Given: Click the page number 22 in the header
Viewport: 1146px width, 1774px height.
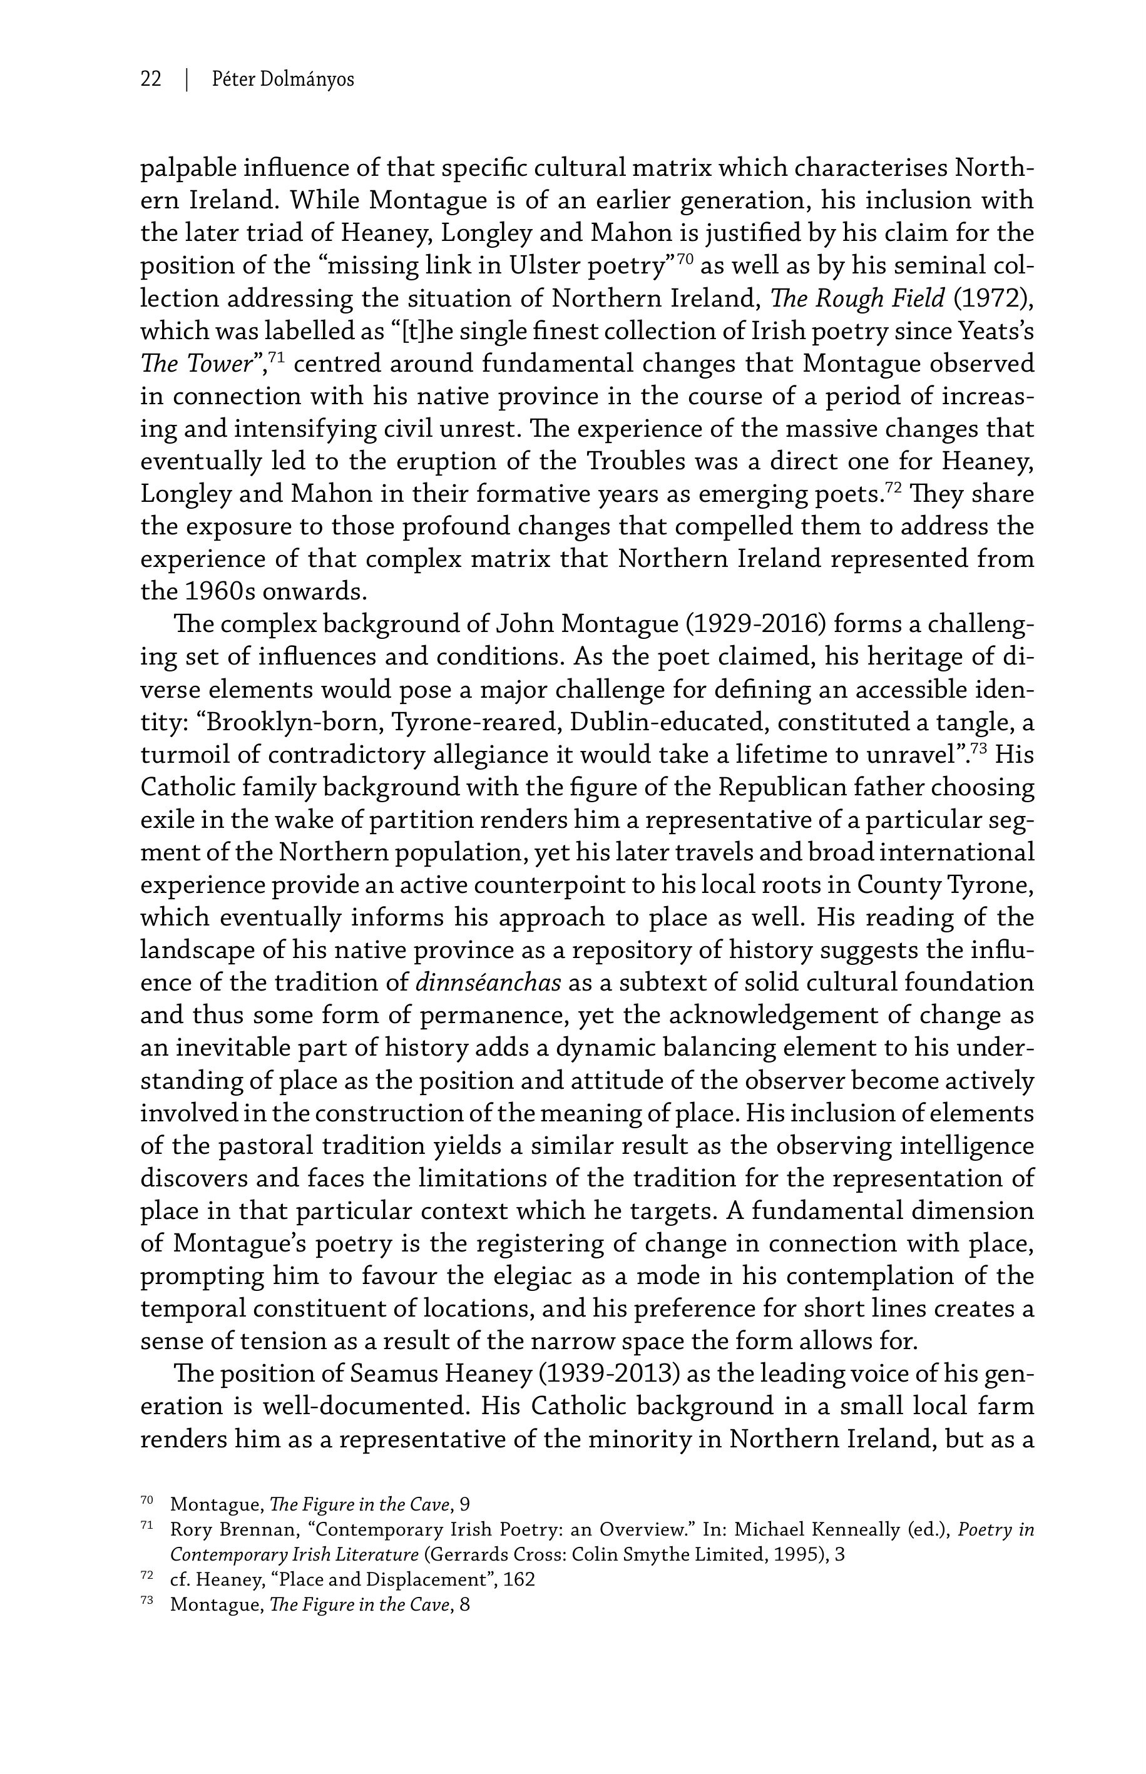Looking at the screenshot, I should (x=151, y=79).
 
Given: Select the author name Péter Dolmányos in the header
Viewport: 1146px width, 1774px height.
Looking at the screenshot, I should (x=283, y=79).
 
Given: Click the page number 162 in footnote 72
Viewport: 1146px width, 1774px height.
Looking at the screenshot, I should (x=519, y=1580).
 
